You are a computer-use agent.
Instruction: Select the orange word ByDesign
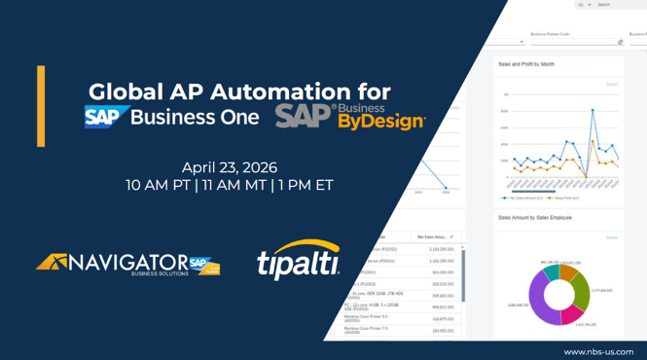pos(380,122)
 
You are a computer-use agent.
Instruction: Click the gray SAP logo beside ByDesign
pos(305,117)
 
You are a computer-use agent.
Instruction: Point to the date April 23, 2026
pos(229,167)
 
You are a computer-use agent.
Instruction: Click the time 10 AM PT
pos(158,185)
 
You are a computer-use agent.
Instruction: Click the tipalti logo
pos(298,261)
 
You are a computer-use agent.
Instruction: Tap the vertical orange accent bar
pos(41,106)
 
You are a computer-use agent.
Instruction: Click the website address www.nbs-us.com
pos(598,351)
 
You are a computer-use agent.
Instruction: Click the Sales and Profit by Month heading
pos(525,64)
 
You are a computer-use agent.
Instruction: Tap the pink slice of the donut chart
pos(573,313)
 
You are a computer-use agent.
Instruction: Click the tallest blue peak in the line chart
pos(593,110)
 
